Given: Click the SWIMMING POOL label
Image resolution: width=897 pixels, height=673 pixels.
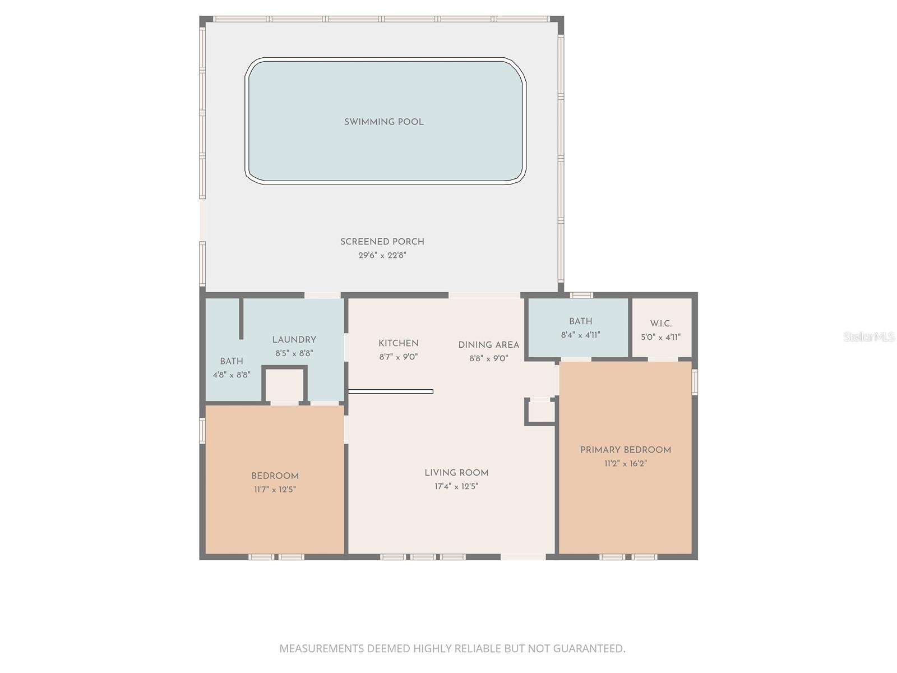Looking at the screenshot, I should [383, 122].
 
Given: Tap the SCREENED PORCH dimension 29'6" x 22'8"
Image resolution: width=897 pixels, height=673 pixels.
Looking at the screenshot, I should [382, 255].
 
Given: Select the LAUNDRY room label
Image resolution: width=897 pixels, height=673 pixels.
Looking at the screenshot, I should [294, 340].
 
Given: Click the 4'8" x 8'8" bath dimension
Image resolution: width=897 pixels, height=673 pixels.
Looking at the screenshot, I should [232, 375].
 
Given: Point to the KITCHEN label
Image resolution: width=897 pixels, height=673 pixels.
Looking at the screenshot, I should [398, 343].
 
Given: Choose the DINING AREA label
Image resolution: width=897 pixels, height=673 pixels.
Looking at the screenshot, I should [488, 345].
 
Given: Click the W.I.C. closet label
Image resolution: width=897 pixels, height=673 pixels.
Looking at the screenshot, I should [660, 324].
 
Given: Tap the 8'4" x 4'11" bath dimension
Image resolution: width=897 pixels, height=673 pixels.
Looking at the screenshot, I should [580, 335].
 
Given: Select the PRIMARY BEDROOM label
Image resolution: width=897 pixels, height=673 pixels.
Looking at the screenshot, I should [625, 450].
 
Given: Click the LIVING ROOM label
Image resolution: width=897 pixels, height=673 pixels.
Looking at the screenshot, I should [456, 473].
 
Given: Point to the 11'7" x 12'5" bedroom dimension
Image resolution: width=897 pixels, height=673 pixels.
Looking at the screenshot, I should [275, 490].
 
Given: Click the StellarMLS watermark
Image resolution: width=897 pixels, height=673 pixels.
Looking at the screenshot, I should [868, 336].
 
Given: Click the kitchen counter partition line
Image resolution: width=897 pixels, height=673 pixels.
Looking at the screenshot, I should [391, 391].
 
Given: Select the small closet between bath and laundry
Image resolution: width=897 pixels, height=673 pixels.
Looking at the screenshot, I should [284, 384].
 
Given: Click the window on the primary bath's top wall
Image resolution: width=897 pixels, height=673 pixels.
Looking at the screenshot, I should [581, 295].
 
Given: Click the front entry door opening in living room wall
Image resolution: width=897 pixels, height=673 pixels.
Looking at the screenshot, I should [523, 557].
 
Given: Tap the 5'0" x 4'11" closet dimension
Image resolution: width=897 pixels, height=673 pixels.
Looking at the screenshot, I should [660, 337].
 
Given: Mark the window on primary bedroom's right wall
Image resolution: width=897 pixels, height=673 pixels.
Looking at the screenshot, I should [695, 381].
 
